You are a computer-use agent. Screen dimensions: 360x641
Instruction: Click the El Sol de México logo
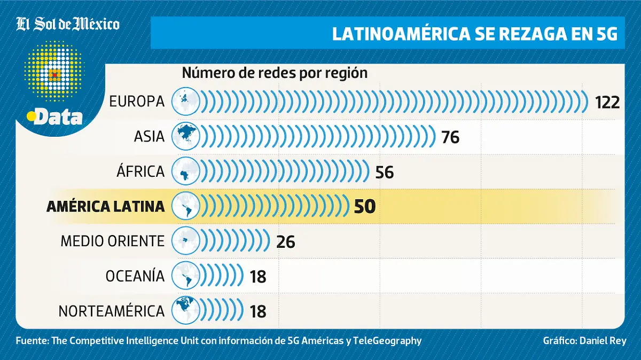tap(68, 25)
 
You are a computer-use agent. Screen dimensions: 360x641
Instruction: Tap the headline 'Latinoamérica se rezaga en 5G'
tap(474, 33)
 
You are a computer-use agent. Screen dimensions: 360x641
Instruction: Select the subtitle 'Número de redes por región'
tap(275, 73)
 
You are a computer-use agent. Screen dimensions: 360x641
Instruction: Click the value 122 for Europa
tap(607, 102)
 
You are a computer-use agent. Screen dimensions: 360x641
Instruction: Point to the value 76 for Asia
tap(450, 137)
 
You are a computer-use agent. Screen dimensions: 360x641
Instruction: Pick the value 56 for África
tap(384, 172)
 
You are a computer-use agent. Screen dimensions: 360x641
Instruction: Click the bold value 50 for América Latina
tap(365, 207)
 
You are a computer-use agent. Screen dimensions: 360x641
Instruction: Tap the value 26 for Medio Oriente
tap(286, 241)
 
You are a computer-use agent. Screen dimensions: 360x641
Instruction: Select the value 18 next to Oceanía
tap(258, 276)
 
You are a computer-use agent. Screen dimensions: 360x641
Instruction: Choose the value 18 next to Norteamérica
tap(258, 311)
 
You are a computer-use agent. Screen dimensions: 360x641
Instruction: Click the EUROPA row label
tap(137, 101)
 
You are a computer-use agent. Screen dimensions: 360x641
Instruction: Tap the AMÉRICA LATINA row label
tap(106, 207)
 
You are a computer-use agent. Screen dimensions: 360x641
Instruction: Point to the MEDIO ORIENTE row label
tap(113, 241)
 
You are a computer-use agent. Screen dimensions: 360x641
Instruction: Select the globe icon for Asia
tap(185, 137)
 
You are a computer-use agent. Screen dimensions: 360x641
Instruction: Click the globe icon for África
tap(185, 172)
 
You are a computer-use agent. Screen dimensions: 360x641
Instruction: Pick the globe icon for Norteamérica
tap(185, 311)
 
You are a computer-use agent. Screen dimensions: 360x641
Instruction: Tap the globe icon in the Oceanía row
tap(185, 276)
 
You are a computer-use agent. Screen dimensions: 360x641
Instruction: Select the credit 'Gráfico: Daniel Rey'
tap(584, 341)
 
